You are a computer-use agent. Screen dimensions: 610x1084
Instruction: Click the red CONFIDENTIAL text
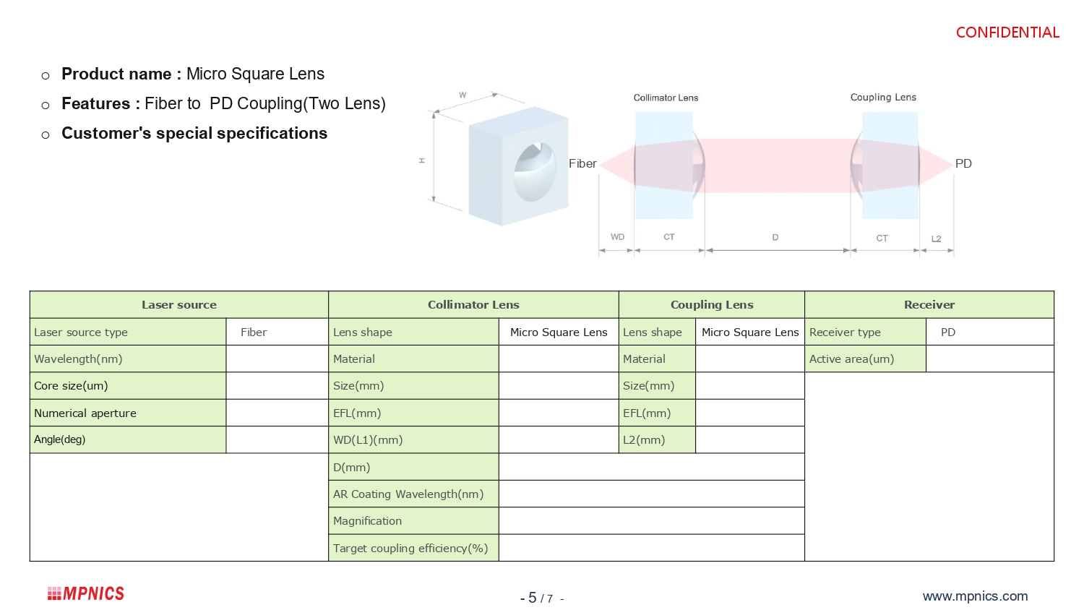click(1007, 33)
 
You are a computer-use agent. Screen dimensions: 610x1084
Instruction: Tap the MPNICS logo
click(86, 593)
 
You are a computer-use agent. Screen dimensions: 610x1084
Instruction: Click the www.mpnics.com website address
click(975, 596)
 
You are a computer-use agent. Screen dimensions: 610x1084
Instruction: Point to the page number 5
click(533, 598)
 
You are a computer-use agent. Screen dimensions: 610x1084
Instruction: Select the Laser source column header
click(178, 305)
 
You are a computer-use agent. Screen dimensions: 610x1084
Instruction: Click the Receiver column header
click(929, 305)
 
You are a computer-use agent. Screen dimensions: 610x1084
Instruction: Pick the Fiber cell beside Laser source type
click(254, 332)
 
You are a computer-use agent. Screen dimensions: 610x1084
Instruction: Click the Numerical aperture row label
click(85, 413)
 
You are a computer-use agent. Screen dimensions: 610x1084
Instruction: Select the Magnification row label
click(367, 521)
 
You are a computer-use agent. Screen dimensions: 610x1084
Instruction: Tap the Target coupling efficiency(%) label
click(410, 549)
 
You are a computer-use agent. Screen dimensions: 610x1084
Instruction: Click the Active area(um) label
click(851, 359)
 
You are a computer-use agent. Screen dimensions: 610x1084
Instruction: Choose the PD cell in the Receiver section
click(948, 332)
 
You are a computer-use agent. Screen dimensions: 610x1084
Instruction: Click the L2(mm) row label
click(644, 440)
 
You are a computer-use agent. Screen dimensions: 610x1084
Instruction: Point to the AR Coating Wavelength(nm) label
click(408, 494)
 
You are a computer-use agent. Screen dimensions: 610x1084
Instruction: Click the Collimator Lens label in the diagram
click(666, 98)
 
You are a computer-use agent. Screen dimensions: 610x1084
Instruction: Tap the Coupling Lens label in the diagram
click(883, 98)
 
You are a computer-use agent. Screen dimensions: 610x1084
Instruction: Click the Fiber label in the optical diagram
click(582, 164)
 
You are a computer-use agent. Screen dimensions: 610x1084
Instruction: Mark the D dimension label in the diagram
click(775, 237)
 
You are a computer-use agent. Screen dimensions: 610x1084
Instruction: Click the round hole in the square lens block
click(534, 172)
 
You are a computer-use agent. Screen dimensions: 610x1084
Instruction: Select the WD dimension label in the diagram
click(617, 237)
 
